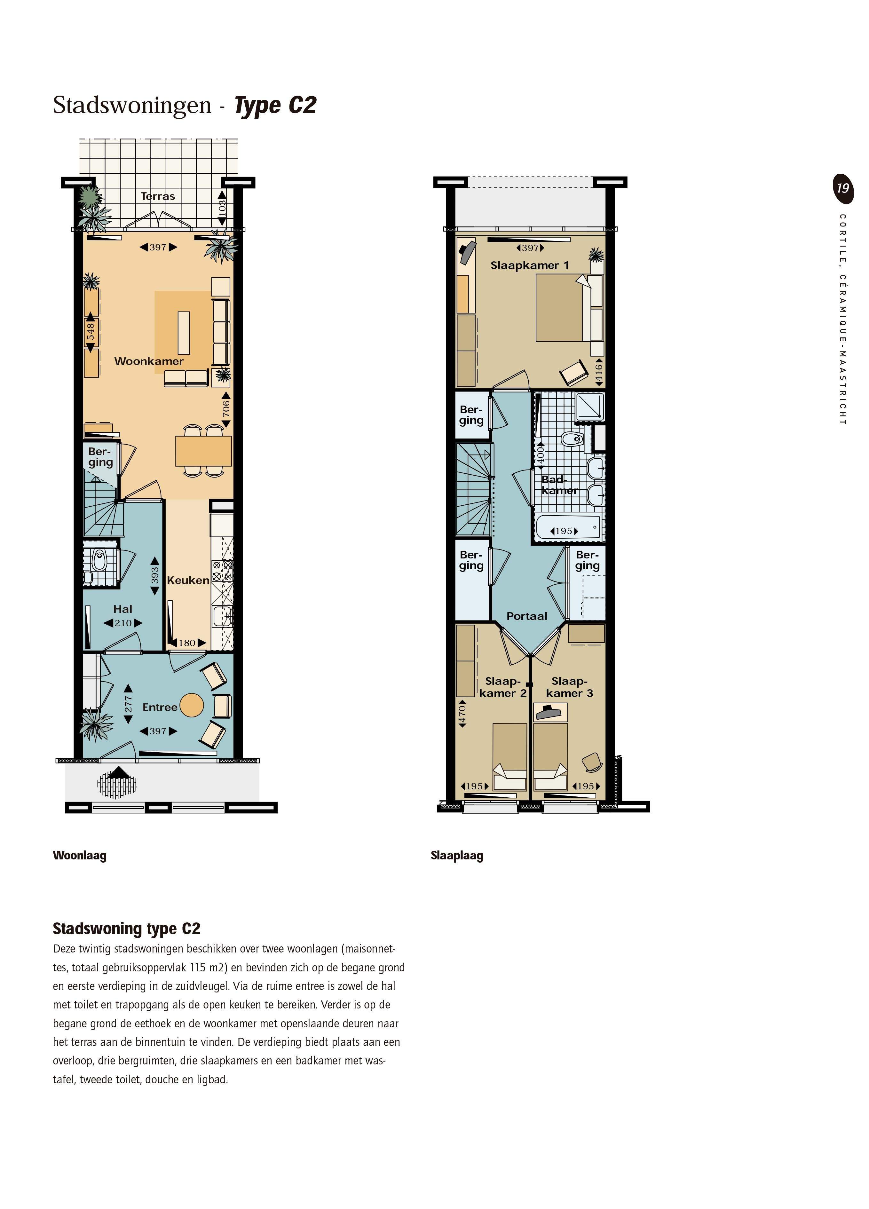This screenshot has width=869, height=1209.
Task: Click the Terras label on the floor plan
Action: pos(158,196)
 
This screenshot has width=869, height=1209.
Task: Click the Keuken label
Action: pos(188,580)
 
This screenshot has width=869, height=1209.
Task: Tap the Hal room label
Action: pos(122,609)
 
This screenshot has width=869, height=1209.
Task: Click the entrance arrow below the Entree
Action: pos(118,773)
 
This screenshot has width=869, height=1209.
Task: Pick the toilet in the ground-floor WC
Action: pos(99,560)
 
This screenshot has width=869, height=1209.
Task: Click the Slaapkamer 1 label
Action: pos(530,265)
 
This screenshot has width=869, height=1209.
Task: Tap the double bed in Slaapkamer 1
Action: pos(559,308)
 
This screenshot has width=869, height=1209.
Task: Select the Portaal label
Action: pos(527,616)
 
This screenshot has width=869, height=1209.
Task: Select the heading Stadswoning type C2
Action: pos(126,928)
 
